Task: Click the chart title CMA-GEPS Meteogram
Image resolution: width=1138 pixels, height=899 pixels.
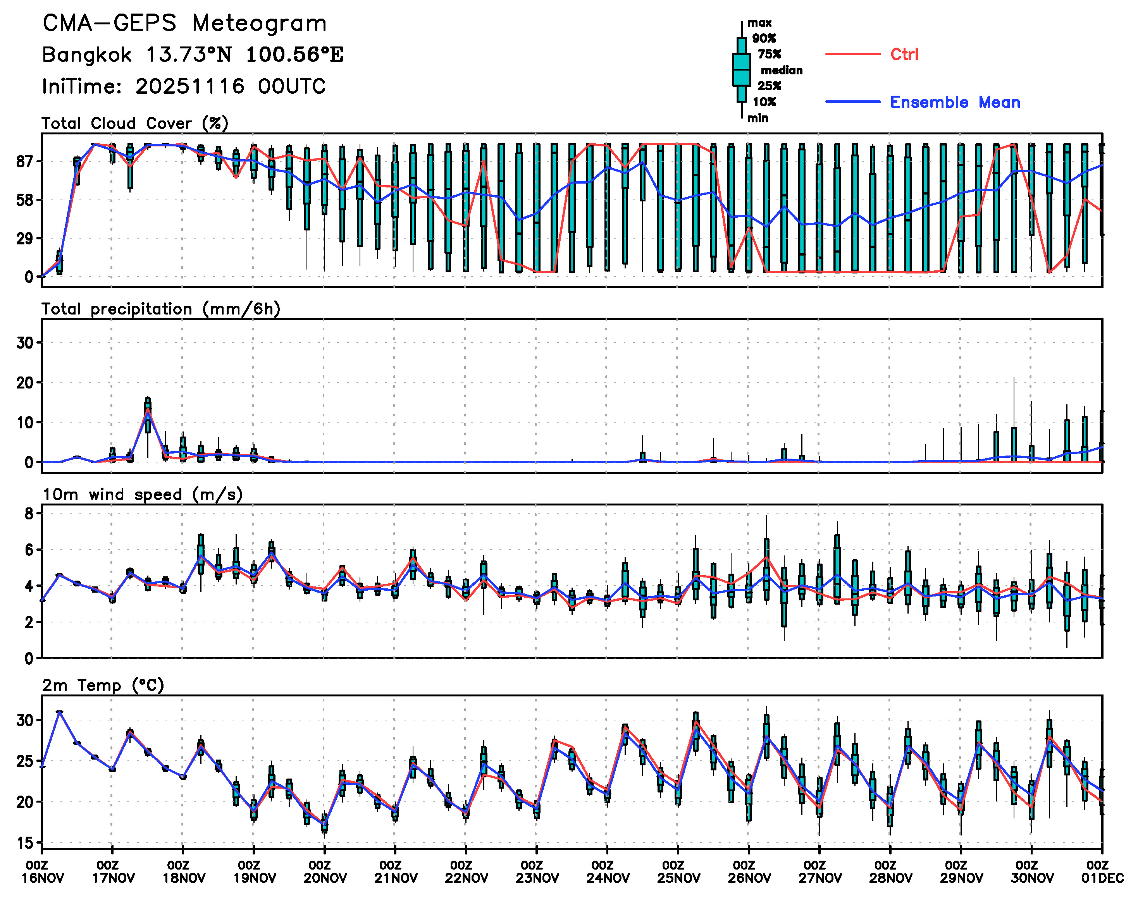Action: click(x=184, y=24)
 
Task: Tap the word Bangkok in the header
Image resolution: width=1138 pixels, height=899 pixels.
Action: click(x=87, y=55)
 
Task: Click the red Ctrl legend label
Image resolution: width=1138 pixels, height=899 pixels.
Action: click(x=904, y=54)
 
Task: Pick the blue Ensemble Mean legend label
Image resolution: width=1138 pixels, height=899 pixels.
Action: click(x=955, y=102)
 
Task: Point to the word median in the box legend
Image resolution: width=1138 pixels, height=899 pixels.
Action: click(x=782, y=70)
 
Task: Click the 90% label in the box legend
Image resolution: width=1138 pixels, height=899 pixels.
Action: click(x=764, y=38)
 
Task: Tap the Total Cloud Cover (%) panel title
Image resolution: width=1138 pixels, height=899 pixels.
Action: click(x=135, y=123)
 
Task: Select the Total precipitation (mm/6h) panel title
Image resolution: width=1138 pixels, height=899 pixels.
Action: click(x=161, y=309)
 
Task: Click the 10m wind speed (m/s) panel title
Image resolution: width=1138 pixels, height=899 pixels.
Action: click(x=142, y=494)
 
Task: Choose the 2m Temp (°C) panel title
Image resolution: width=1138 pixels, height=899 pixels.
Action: click(x=103, y=685)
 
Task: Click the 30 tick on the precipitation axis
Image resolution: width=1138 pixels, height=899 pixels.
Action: click(x=25, y=343)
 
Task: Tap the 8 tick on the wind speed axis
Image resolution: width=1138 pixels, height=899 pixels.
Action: click(x=29, y=514)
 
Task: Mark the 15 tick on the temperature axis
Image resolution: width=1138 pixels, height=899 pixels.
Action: click(x=25, y=843)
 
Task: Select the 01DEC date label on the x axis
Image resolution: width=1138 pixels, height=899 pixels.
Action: click(x=1102, y=878)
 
